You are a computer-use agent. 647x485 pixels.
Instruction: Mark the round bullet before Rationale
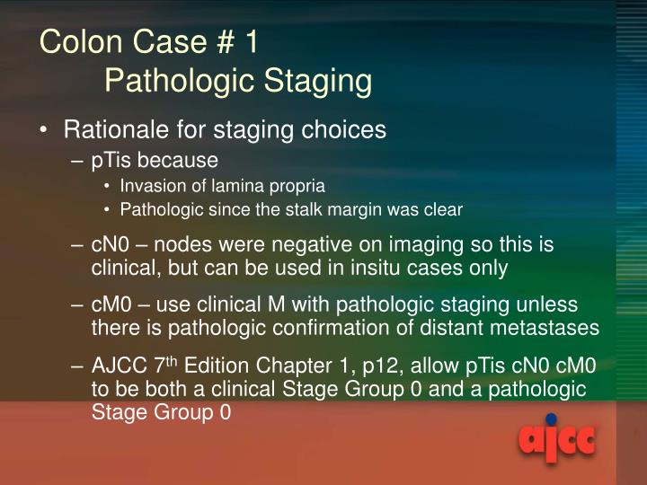[x=44, y=130]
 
